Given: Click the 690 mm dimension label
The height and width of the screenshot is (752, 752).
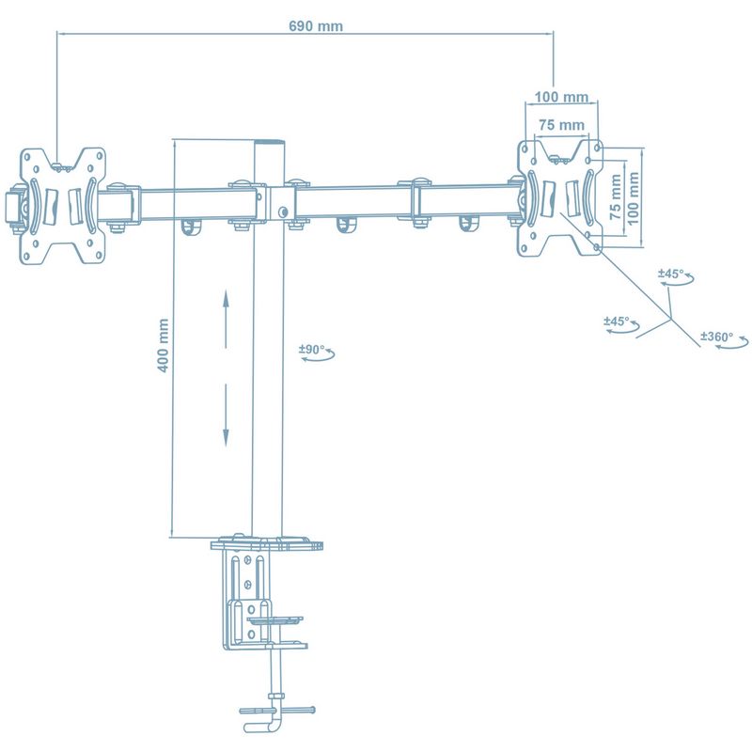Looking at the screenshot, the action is pyautogui.click(x=316, y=26).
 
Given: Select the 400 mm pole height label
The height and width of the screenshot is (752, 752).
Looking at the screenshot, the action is pyautogui.click(x=163, y=345).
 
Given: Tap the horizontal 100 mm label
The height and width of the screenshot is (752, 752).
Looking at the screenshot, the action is pyautogui.click(x=561, y=97).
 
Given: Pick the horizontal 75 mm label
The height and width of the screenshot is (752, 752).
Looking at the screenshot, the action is pyautogui.click(x=561, y=125).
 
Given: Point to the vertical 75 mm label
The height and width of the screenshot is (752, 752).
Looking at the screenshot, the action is pyautogui.click(x=616, y=196).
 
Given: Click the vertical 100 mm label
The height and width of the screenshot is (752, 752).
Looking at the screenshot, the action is pyautogui.click(x=633, y=198).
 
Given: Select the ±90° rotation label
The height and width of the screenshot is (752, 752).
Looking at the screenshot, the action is pyautogui.click(x=312, y=349).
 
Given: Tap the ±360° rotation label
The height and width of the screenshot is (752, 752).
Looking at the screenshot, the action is pyautogui.click(x=716, y=337).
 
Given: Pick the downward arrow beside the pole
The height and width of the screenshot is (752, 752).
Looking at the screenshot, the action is pyautogui.click(x=226, y=415).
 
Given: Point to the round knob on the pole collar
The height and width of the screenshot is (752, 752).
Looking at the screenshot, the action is pyautogui.click(x=283, y=211).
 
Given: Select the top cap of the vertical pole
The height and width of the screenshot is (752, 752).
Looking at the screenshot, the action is pyautogui.click(x=269, y=143).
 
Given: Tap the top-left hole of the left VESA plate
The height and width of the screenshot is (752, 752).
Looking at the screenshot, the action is pyautogui.click(x=27, y=156).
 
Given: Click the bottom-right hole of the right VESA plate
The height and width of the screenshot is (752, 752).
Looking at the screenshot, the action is pyautogui.click(x=596, y=247).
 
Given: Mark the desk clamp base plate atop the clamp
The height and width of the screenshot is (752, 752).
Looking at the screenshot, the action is pyautogui.click(x=267, y=544).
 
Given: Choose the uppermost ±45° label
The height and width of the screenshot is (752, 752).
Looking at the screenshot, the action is pyautogui.click(x=671, y=274).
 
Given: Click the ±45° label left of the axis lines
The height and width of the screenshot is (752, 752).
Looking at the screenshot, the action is pyautogui.click(x=617, y=321).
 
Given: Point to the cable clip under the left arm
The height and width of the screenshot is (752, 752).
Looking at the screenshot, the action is pyautogui.click(x=192, y=227).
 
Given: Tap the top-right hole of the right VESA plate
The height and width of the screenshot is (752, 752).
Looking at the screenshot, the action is pyautogui.click(x=597, y=148).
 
